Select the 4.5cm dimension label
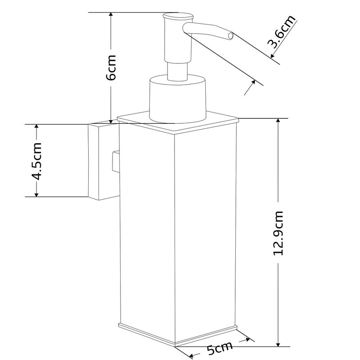36,161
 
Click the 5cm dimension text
220,349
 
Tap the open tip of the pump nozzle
230,35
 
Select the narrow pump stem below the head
177,71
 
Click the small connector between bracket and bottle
115,162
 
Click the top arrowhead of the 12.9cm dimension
279,122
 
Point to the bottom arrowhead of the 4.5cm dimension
36,193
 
